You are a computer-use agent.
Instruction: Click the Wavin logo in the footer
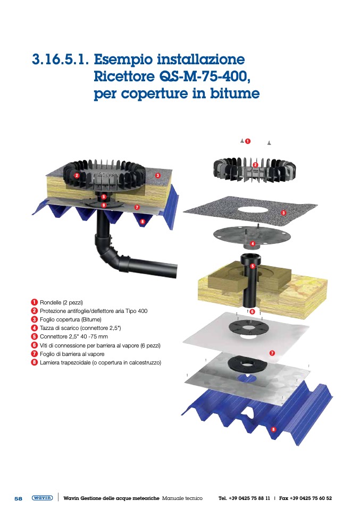(x=42, y=498)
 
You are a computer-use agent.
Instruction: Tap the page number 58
(x=18, y=498)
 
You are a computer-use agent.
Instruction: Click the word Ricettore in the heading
(x=124, y=77)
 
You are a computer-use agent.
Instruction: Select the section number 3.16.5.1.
(x=60, y=60)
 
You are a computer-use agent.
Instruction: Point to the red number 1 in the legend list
(x=34, y=302)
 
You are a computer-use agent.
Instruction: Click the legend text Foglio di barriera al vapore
(x=72, y=354)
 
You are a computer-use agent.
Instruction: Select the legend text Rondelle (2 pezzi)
(x=61, y=302)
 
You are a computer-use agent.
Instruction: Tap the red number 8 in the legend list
(x=34, y=362)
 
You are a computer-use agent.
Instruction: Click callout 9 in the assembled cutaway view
(x=104, y=205)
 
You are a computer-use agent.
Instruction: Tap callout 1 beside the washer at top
(x=248, y=141)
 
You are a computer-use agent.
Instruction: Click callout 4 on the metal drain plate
(x=253, y=243)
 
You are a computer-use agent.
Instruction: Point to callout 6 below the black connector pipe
(x=253, y=312)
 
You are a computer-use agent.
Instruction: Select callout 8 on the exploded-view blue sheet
(x=273, y=429)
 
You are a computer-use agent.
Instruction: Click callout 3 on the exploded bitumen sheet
(x=283, y=213)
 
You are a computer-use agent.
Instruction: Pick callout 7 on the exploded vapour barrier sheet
(x=272, y=353)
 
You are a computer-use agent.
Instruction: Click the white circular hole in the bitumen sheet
(x=253, y=209)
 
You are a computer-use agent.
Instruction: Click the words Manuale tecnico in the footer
(x=182, y=498)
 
